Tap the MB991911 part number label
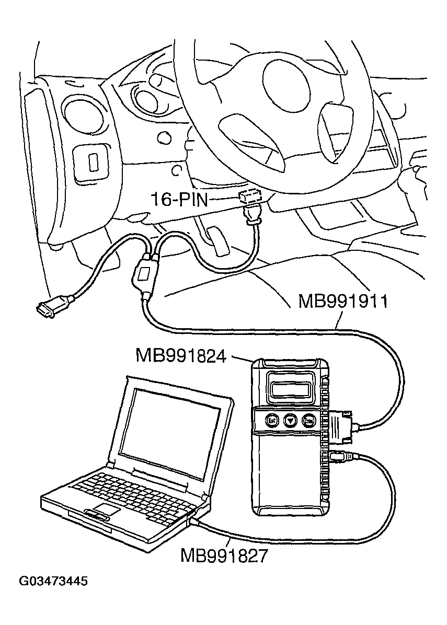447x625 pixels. [x=342, y=302]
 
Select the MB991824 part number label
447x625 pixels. [x=181, y=356]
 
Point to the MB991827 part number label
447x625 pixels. [x=224, y=555]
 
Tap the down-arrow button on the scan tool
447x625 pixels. [x=290, y=420]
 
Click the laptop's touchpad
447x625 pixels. [x=107, y=510]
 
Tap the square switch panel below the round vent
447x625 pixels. [x=92, y=163]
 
